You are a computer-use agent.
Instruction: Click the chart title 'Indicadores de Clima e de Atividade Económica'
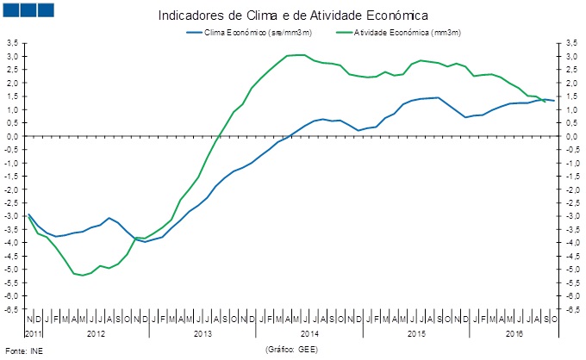point(294,16)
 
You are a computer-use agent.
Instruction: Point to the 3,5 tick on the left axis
point(13,42)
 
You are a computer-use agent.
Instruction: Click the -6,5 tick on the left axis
point(12,308)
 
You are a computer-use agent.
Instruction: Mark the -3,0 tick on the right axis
point(571,215)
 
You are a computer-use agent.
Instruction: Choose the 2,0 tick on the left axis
point(13,83)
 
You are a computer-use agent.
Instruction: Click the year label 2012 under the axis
point(95,332)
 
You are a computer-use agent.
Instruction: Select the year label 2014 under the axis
point(310,332)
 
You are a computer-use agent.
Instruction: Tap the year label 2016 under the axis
point(515,332)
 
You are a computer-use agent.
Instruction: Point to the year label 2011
point(33,332)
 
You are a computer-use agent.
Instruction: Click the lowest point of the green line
point(83,276)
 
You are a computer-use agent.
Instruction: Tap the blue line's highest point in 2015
point(438,97)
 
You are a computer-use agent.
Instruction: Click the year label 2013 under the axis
point(203,332)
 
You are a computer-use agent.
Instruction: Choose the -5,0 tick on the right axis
point(571,269)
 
